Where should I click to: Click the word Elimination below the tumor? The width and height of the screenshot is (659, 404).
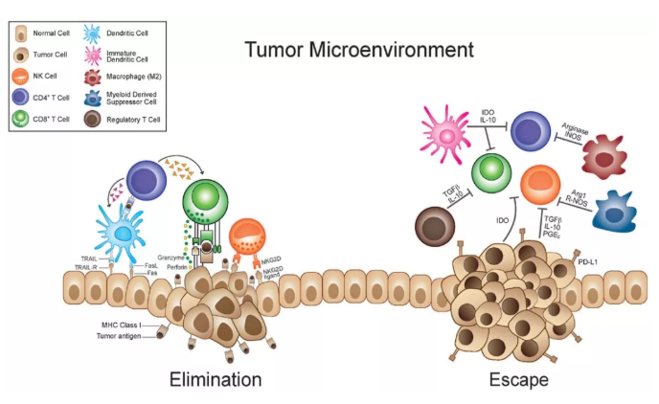215,379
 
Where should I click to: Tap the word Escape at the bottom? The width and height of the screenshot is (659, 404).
517,379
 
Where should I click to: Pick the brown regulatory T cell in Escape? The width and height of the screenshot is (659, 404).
438,230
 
